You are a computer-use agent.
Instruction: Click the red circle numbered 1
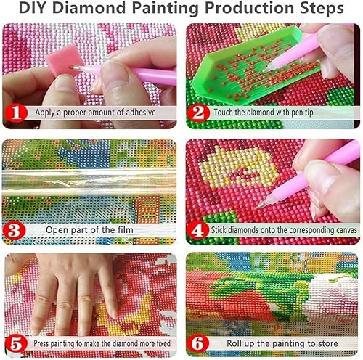pyautogui.click(x=15, y=113)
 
